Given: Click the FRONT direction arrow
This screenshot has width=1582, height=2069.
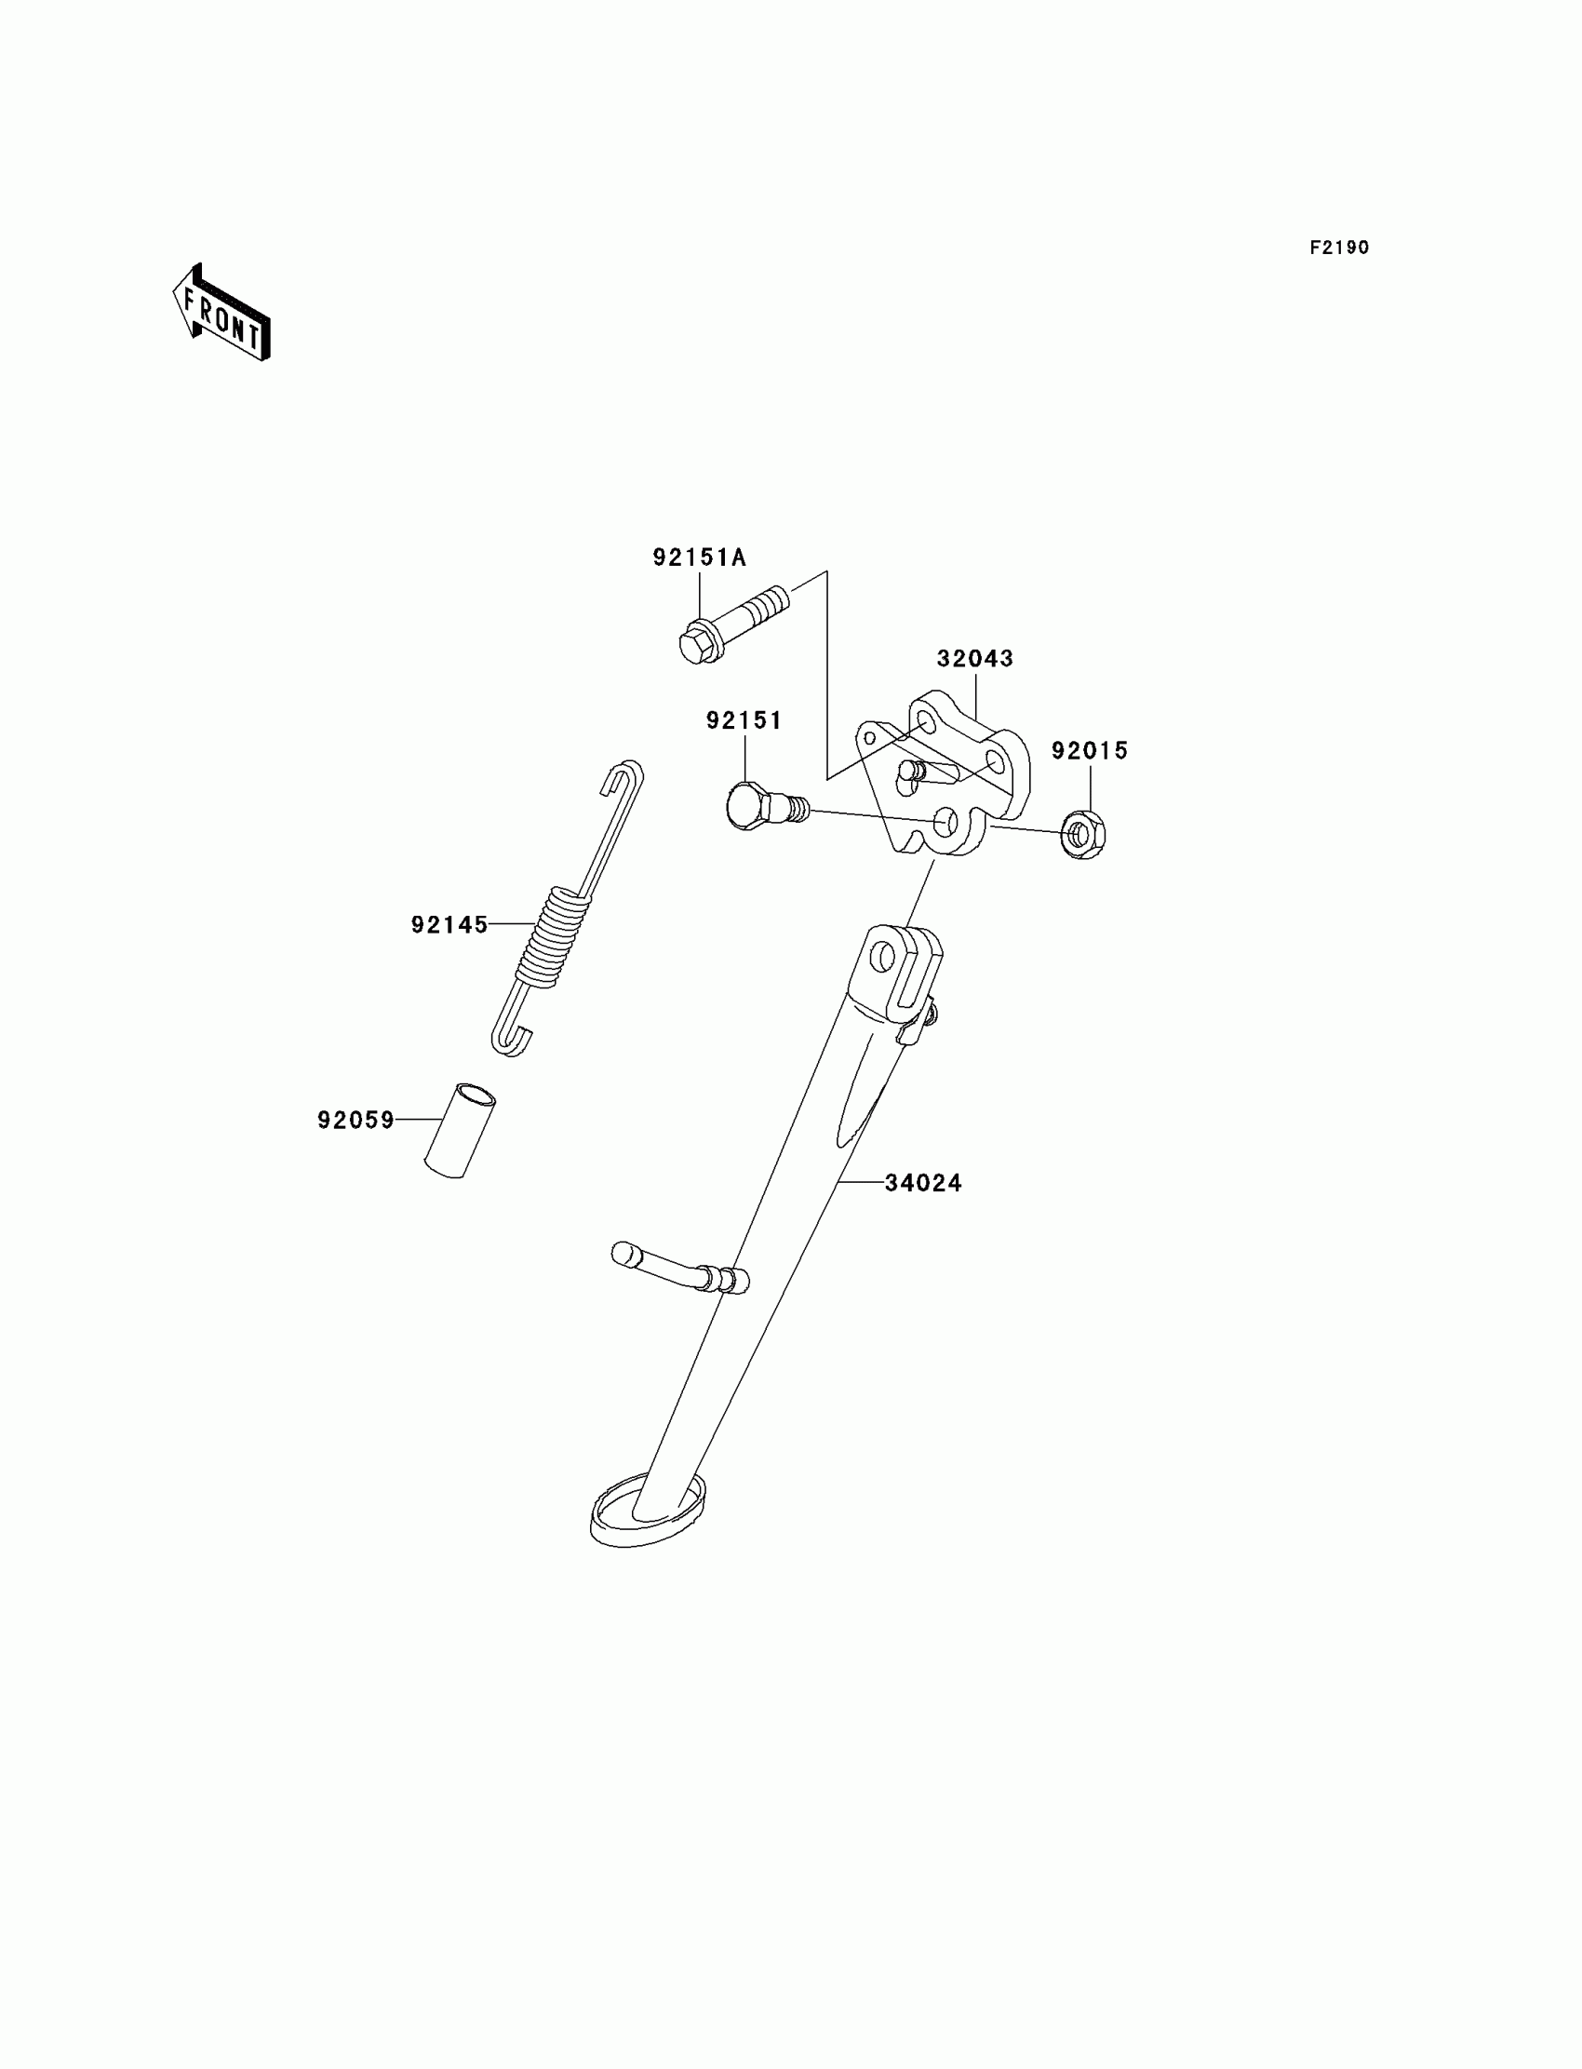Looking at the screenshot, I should [222, 315].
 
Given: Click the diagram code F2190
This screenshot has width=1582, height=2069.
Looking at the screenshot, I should [1339, 248].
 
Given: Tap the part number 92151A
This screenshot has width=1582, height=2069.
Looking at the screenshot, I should [699, 558].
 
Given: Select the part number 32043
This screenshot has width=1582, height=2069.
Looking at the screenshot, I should [974, 658].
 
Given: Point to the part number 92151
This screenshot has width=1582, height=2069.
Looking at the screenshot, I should [744, 720].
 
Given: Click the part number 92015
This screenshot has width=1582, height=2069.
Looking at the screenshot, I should [1090, 750].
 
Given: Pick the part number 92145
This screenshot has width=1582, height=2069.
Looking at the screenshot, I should [449, 925].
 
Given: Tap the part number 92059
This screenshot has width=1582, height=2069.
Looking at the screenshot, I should [355, 1120].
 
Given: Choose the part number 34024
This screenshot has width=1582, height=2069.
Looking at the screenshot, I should [923, 1183].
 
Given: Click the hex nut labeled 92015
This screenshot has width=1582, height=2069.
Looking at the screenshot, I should [1083, 834].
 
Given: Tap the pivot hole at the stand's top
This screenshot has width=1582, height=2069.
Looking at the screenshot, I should [882, 959].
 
